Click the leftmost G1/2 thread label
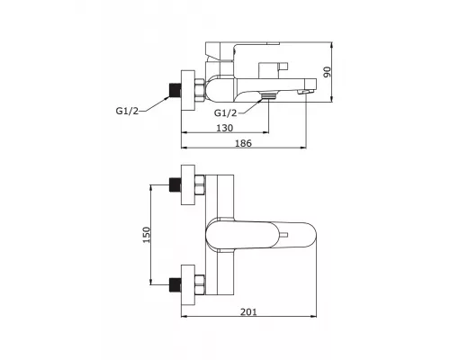pos(128,111)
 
